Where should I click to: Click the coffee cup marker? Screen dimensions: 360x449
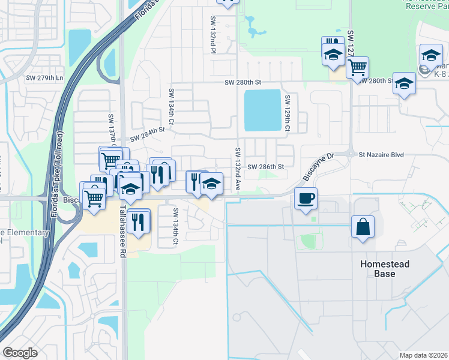coord(306,199)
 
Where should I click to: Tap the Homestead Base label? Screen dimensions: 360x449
coord(385,269)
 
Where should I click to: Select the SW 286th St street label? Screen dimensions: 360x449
coord(265,167)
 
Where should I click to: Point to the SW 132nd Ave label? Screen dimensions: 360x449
coord(238,170)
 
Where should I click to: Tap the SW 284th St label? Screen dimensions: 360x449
coord(147,133)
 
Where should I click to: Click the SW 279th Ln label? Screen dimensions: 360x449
coord(43,78)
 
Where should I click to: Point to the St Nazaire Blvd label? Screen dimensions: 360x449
coord(382,154)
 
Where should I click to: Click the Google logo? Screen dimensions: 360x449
coord(20,353)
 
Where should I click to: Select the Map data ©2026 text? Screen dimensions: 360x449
coord(423,355)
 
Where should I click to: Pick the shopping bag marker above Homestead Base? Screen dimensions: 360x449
coord(363,227)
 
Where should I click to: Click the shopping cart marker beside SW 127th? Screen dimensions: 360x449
coord(357,67)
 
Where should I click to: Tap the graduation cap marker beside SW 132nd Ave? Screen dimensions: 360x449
coord(211,184)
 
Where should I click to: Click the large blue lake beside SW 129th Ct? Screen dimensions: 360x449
coord(262,110)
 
